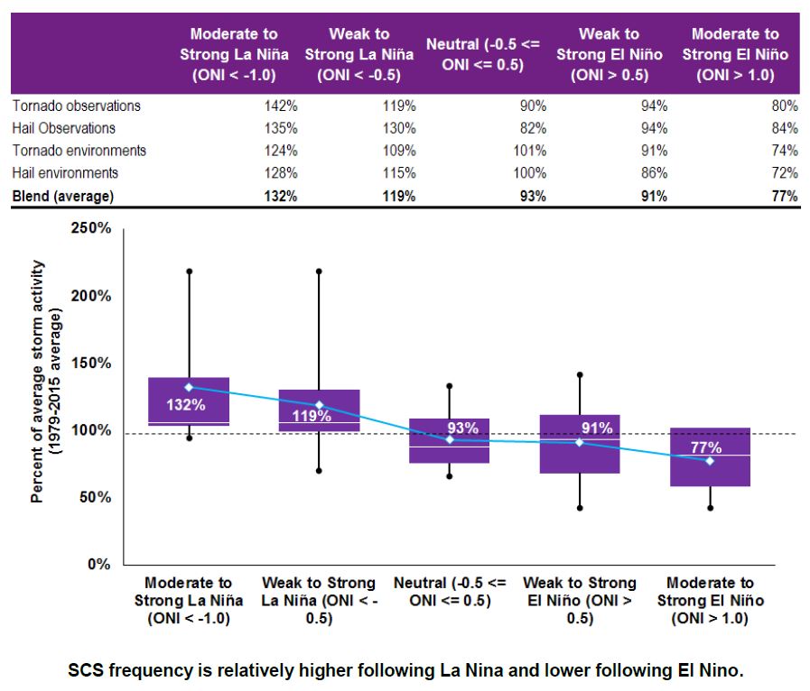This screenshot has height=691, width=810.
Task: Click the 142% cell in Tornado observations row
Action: (x=280, y=106)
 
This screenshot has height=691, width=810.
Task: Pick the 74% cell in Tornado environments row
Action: (x=784, y=151)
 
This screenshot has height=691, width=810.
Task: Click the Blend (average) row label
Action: (x=65, y=195)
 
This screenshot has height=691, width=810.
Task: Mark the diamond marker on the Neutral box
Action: (x=450, y=439)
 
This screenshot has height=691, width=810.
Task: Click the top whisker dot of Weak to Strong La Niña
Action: (x=319, y=271)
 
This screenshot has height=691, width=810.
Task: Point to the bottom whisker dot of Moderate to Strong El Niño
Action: (x=710, y=508)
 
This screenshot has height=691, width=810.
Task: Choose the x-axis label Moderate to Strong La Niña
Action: (x=188, y=601)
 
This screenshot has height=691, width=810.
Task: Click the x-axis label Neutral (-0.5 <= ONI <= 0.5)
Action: (x=450, y=592)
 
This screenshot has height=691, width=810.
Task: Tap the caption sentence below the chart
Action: (x=405, y=671)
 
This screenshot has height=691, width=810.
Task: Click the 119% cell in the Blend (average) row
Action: (x=398, y=195)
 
